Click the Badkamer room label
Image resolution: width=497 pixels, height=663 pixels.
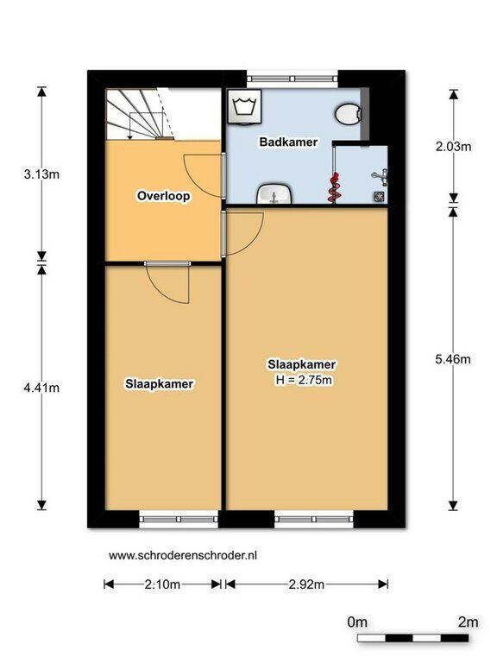[x=288, y=142]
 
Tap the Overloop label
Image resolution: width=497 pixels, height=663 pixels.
[x=164, y=196]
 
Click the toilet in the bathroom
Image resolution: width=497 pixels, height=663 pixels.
[x=349, y=114]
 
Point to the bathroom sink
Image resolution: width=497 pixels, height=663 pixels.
[x=274, y=195]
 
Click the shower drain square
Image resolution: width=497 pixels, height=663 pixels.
[x=379, y=196]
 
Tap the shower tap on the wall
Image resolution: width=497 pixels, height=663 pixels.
[x=381, y=177]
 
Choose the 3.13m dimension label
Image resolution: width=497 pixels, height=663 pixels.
[x=41, y=174]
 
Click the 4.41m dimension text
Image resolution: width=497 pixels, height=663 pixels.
[x=41, y=388]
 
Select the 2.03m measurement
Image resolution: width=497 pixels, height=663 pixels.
[x=453, y=147]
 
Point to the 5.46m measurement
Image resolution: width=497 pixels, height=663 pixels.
[x=453, y=359]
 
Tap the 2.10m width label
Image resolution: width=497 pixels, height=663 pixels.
[x=162, y=584]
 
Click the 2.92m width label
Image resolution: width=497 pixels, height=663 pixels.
[x=307, y=584]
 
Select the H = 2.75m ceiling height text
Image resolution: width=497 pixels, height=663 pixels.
[x=304, y=380]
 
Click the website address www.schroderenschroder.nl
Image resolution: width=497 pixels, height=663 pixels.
[x=183, y=555]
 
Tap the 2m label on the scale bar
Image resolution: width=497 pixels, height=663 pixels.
[x=469, y=622]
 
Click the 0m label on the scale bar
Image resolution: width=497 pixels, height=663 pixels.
[x=357, y=622]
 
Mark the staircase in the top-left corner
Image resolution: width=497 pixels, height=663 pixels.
[x=141, y=114]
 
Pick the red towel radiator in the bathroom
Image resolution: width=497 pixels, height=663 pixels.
[x=333, y=187]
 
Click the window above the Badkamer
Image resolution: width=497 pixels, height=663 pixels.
[x=293, y=79]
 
